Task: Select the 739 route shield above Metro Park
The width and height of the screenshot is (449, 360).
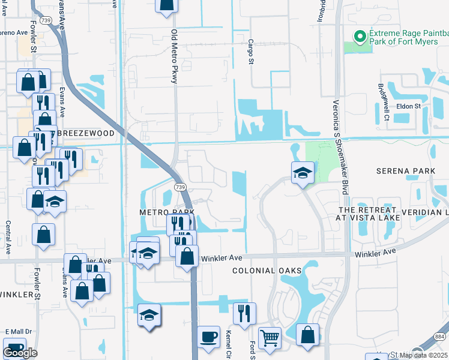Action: point(179,188)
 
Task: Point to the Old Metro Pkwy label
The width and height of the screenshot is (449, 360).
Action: point(175,56)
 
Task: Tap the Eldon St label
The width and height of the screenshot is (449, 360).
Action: point(409,106)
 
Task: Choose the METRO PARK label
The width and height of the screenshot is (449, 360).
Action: point(166,212)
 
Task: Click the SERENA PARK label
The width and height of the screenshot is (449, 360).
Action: point(405,171)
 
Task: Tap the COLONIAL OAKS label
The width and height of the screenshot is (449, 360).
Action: point(267,271)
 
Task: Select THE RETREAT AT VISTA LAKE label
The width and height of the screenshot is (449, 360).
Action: point(368,214)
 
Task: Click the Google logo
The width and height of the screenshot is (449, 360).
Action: point(20,353)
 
